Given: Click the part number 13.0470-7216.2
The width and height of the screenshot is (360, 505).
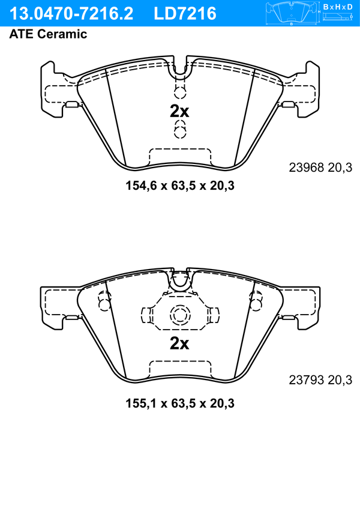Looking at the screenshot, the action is (71, 14).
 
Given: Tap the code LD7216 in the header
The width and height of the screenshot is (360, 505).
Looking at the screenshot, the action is (185, 14).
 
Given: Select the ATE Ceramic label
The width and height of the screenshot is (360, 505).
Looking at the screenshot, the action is (48, 34).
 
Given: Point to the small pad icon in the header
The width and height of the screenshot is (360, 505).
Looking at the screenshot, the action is (292, 13).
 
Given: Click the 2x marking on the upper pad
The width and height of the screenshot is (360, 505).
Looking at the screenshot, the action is (179, 112).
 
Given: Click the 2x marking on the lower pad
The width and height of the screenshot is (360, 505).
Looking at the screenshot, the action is (179, 343).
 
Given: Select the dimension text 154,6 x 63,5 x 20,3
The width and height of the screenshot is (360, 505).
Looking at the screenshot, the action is (180, 186).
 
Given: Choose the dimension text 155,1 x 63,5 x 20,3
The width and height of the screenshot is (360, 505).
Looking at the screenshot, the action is (180, 403).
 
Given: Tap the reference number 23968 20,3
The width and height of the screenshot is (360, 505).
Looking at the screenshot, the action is (320, 168).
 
